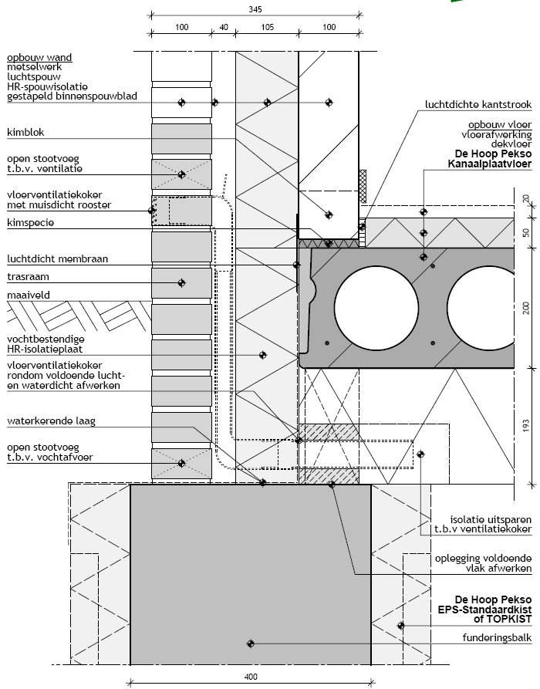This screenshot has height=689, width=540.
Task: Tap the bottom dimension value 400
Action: (250, 677)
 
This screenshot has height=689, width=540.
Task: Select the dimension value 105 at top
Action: (267, 27)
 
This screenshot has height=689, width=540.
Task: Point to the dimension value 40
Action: (224, 27)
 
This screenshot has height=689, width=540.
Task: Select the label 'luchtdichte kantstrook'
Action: (479, 103)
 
